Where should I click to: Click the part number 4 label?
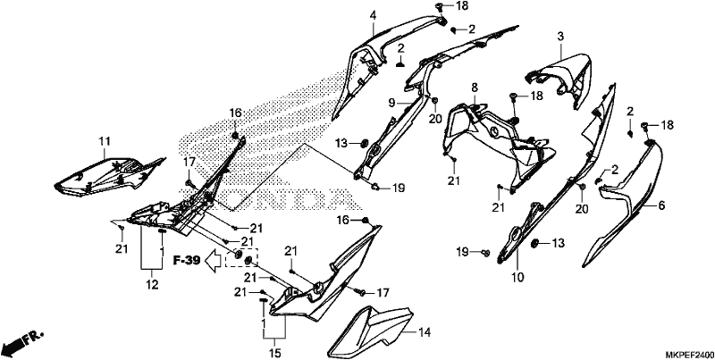[x=373, y=15]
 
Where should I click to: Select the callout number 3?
[x=560, y=36]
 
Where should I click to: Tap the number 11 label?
[x=105, y=141]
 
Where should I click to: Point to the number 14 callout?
[x=424, y=332]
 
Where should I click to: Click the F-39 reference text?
[x=187, y=261]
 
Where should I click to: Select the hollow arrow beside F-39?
[x=214, y=262]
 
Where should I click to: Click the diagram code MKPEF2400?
[x=689, y=355]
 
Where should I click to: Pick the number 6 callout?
[x=660, y=206]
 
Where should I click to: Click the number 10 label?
[x=518, y=277]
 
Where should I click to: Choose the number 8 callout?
[x=475, y=87]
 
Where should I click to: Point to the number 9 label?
[x=391, y=104]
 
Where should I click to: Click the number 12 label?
[x=152, y=285]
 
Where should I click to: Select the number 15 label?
[x=275, y=353]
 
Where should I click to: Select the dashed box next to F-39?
[x=242, y=258]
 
